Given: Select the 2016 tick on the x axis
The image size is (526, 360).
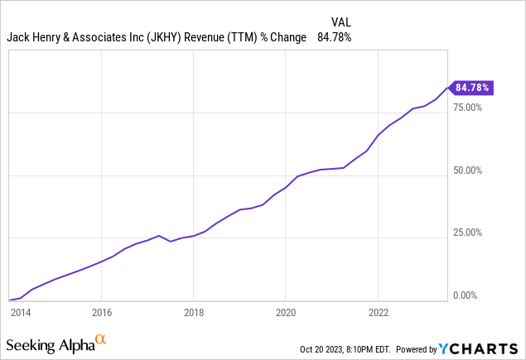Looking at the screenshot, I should click(x=100, y=313).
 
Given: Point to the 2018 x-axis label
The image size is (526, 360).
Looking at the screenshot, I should click(x=193, y=313).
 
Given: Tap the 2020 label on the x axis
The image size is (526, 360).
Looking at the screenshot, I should click(x=285, y=313).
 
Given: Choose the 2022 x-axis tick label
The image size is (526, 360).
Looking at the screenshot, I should click(x=378, y=313).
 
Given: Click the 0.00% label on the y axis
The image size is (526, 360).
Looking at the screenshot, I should click(x=465, y=295).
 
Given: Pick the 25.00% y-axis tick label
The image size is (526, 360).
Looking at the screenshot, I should click(x=467, y=233).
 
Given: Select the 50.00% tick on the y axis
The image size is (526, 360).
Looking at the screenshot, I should click(x=467, y=170).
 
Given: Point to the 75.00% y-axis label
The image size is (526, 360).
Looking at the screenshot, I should click(x=467, y=108).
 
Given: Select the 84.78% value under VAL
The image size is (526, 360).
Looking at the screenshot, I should click(x=335, y=37).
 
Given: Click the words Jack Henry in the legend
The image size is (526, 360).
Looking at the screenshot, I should click(x=32, y=37).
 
